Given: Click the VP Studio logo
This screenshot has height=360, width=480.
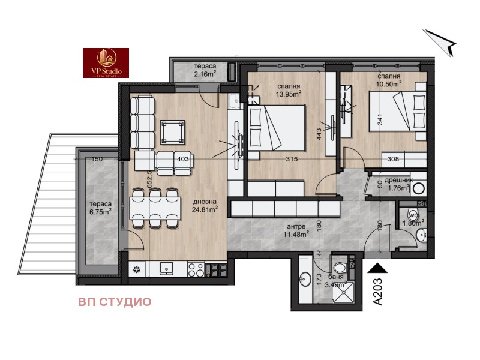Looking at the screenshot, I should pos(106,63).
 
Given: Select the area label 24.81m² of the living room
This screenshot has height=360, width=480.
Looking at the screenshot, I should pos(205,209).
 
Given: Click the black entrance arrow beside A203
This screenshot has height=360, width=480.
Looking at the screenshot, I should pos(379,270).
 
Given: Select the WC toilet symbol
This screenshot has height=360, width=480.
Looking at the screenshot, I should pos(413,215).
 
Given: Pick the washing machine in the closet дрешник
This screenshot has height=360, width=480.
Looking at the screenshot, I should pos(418,187).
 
